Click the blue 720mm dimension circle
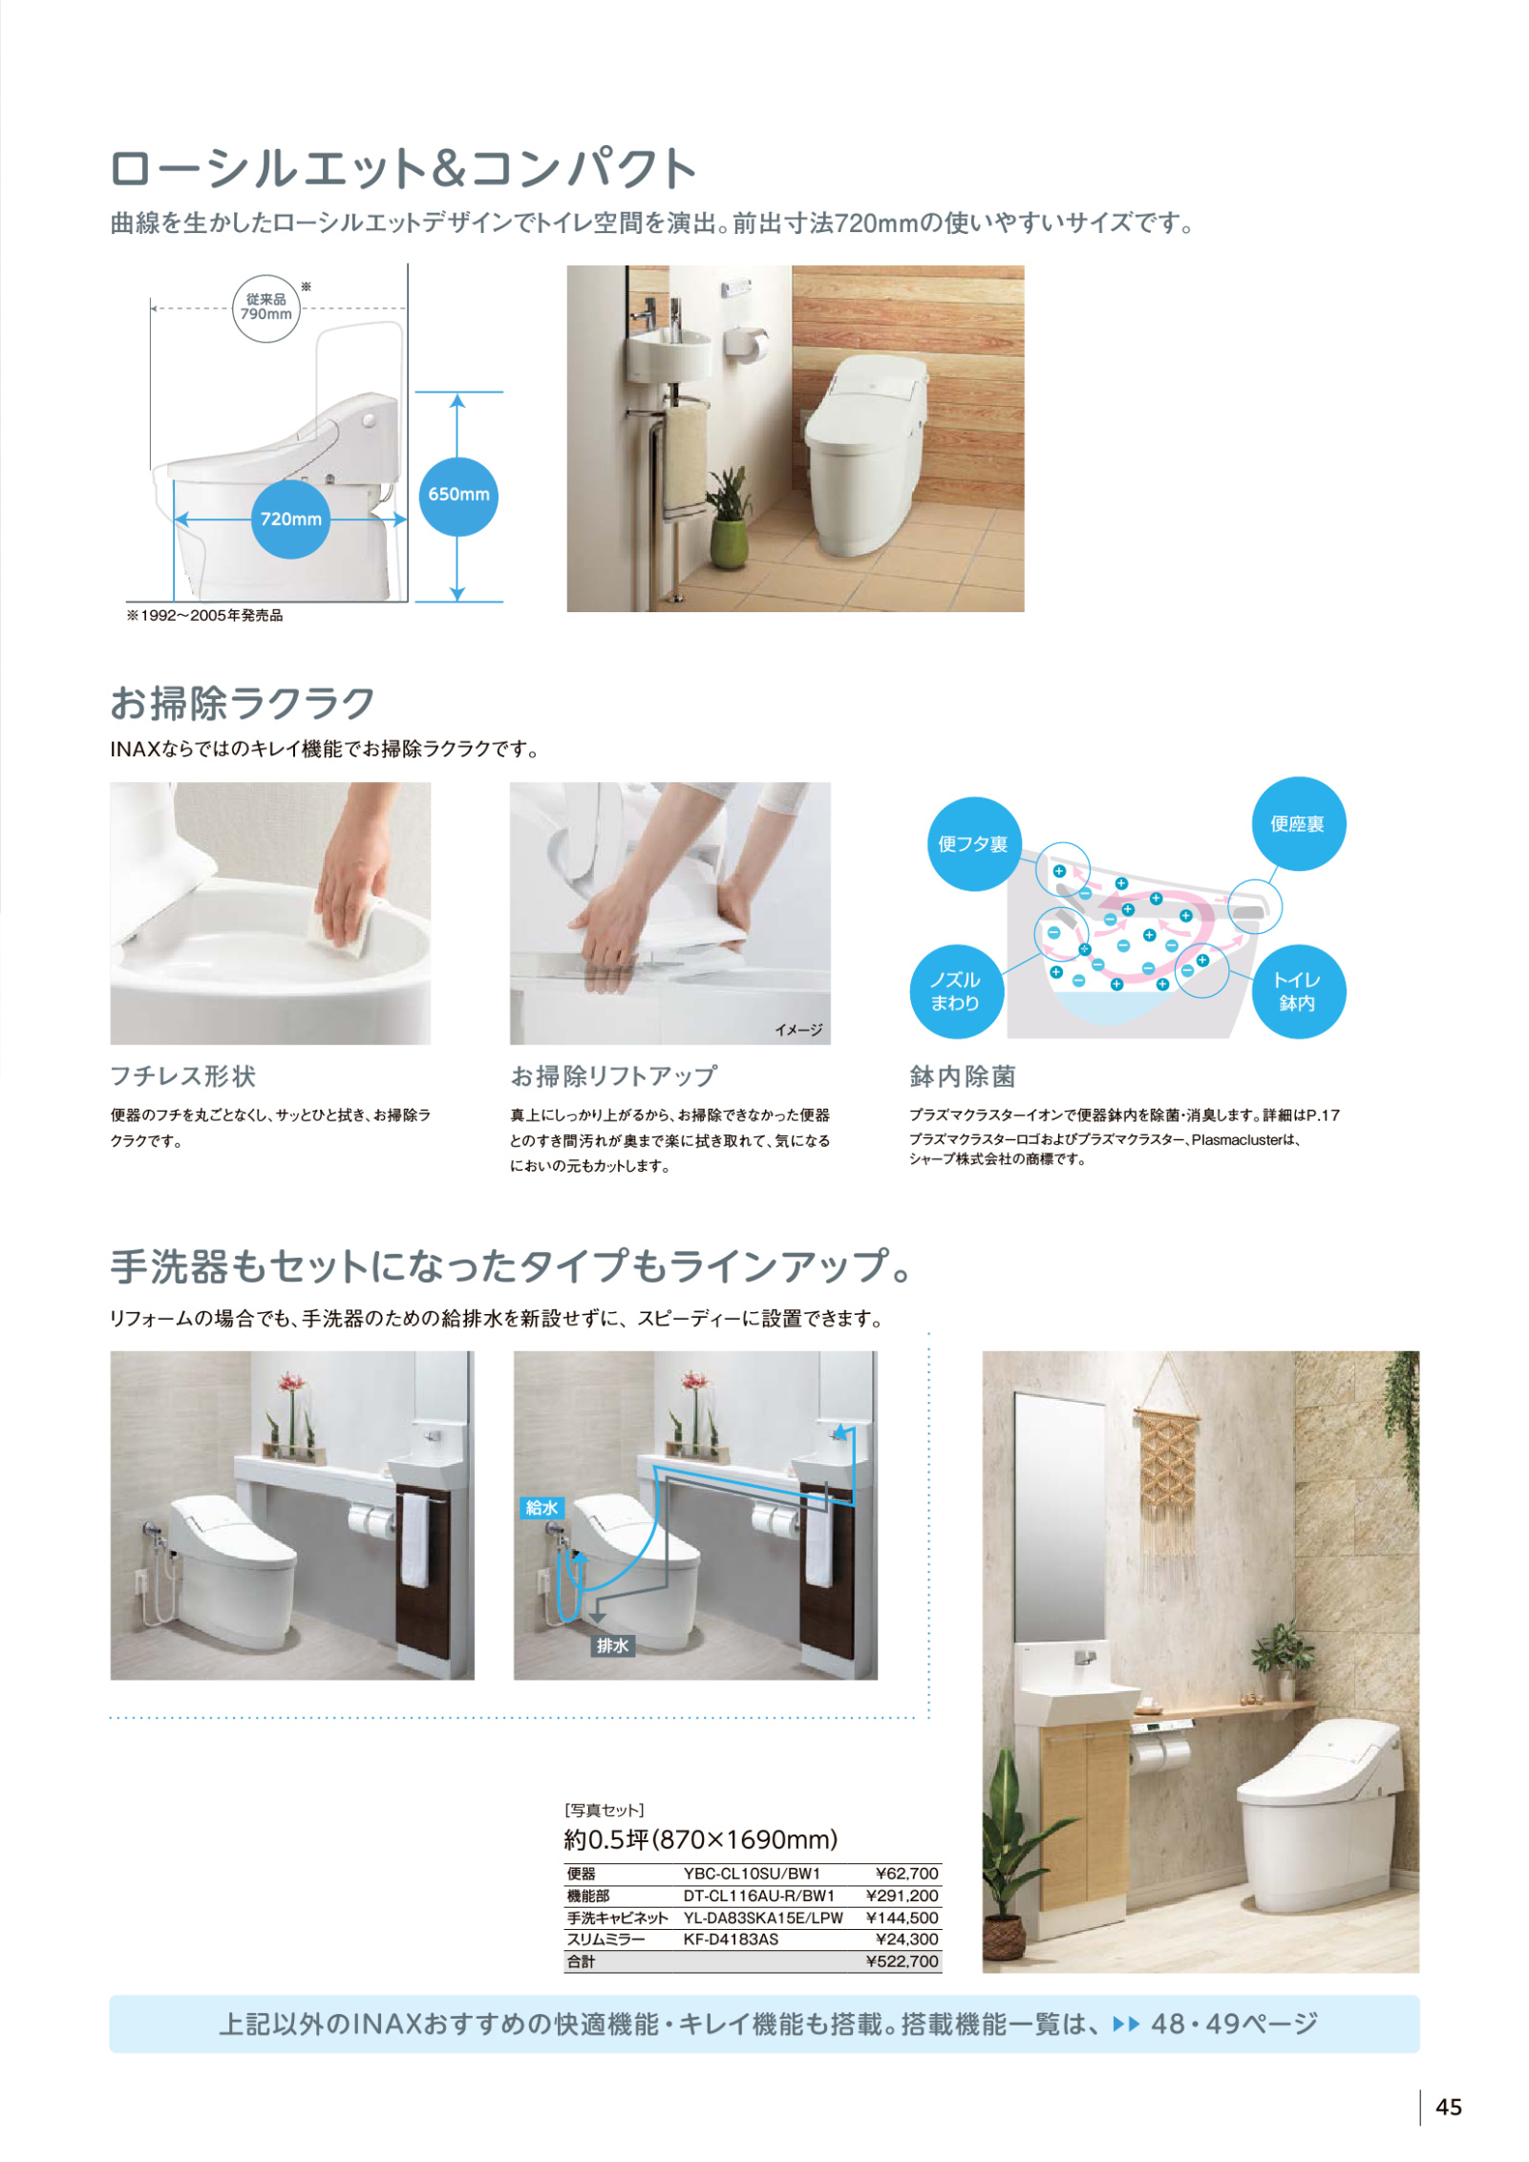click(290, 519)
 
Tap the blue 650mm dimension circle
click(458, 495)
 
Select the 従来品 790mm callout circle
click(266, 307)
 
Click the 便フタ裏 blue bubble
click(973, 844)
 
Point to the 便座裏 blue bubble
click(1298, 823)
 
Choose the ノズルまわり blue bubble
click(956, 991)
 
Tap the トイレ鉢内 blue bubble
click(1298, 991)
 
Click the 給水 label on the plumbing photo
click(542, 1508)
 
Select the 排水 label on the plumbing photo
click(612, 1645)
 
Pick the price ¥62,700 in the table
click(906, 1874)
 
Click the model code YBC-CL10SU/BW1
click(752, 1874)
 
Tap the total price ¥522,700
click(902, 1961)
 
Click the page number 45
click(1448, 2108)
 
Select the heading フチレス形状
click(183, 1076)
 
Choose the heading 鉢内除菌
click(963, 1076)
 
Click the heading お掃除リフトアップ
click(614, 1076)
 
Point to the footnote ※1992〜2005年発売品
click(204, 616)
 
